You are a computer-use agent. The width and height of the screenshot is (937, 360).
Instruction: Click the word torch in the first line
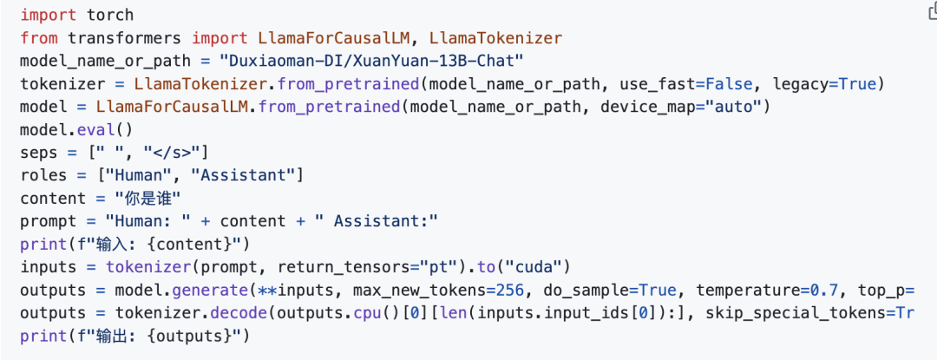click(x=110, y=16)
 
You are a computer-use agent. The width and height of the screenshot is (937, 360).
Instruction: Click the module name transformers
click(x=126, y=38)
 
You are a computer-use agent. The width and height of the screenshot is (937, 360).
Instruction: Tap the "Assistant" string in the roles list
click(x=246, y=175)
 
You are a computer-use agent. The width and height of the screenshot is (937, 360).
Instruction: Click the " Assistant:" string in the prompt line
click(x=378, y=221)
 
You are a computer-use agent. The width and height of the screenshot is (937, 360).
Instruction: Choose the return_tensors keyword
click(x=351, y=267)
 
